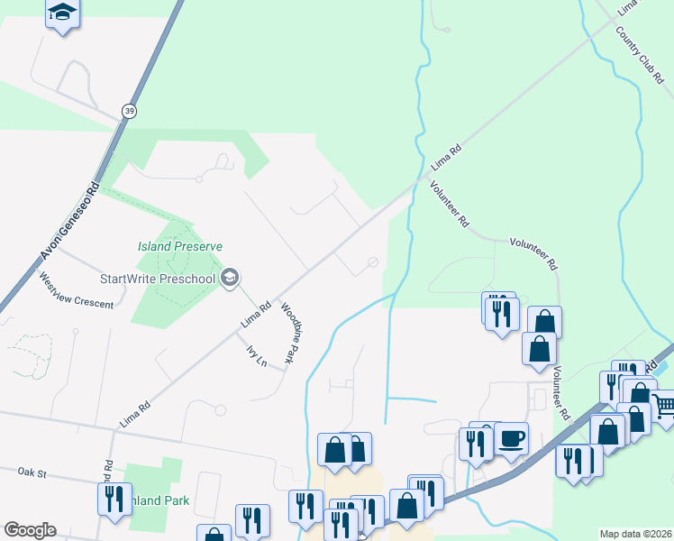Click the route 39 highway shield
[130, 109]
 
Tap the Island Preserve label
[179, 245]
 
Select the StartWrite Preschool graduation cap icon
[230, 278]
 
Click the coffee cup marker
[511, 438]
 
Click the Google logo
[30, 530]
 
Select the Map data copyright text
[635, 534]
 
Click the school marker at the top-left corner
[62, 14]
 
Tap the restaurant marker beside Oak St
[114, 499]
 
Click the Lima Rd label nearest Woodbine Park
[257, 313]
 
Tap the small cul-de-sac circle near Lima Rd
[373, 262]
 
